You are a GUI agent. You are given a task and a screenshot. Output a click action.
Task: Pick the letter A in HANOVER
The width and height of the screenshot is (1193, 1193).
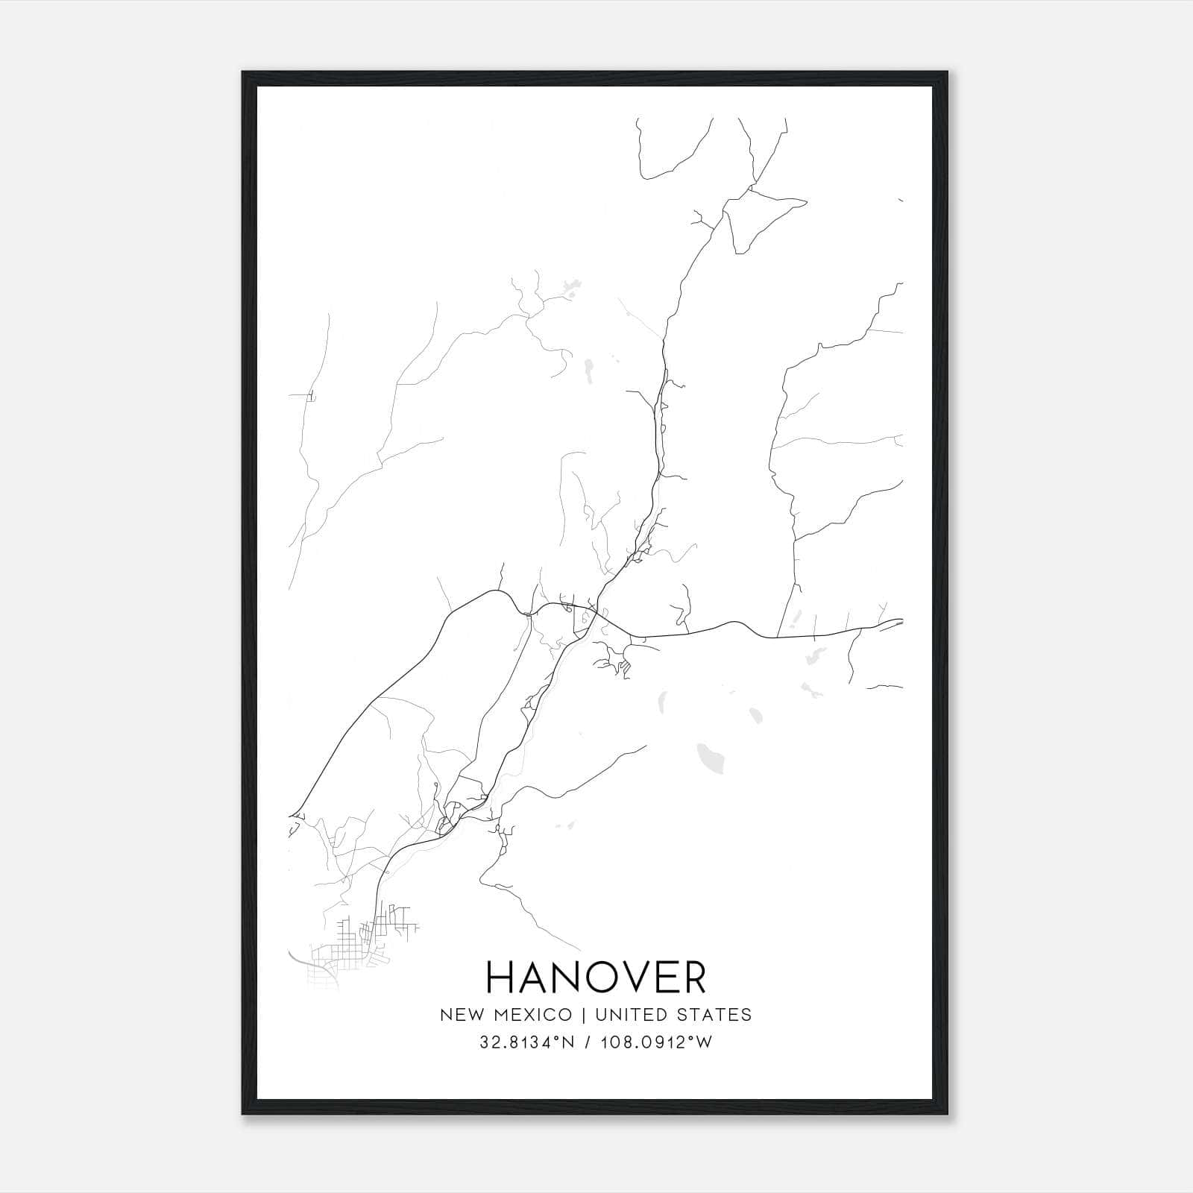(x=532, y=978)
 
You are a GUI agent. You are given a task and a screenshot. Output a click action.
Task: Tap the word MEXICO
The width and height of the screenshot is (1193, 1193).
(x=531, y=1015)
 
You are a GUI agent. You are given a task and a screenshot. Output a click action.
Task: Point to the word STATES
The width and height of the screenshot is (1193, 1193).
(x=715, y=1015)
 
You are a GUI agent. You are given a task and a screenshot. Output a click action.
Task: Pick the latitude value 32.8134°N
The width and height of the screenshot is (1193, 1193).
(x=526, y=1042)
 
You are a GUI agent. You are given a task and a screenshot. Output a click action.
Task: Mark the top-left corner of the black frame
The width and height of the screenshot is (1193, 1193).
(x=243, y=72)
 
